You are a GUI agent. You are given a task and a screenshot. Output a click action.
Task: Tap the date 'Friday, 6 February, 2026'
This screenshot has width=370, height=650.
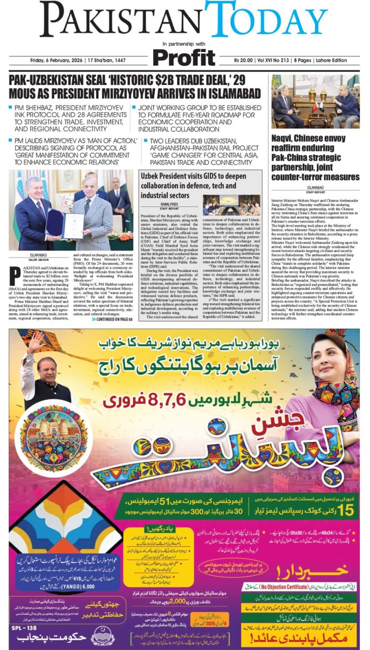point(55,60)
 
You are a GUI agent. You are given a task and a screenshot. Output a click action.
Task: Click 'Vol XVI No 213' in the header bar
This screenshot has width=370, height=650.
point(283,60)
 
